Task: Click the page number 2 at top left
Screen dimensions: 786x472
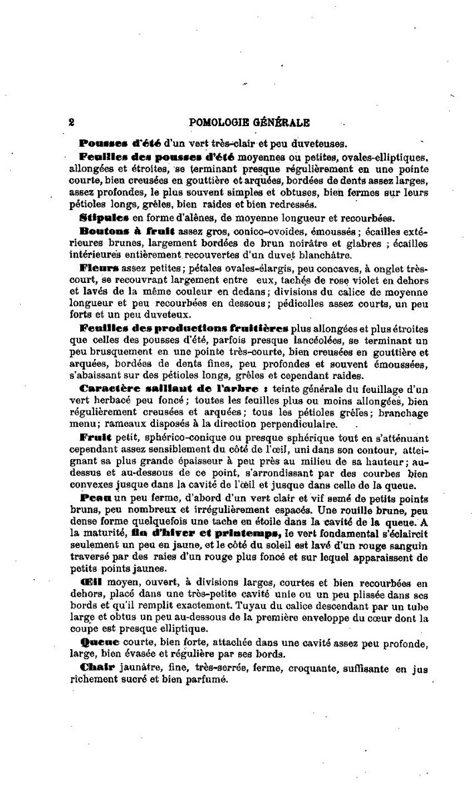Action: click(x=71, y=123)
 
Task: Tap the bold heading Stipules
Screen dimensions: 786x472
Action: click(x=99, y=217)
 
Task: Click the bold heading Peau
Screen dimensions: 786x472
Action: click(x=95, y=498)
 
